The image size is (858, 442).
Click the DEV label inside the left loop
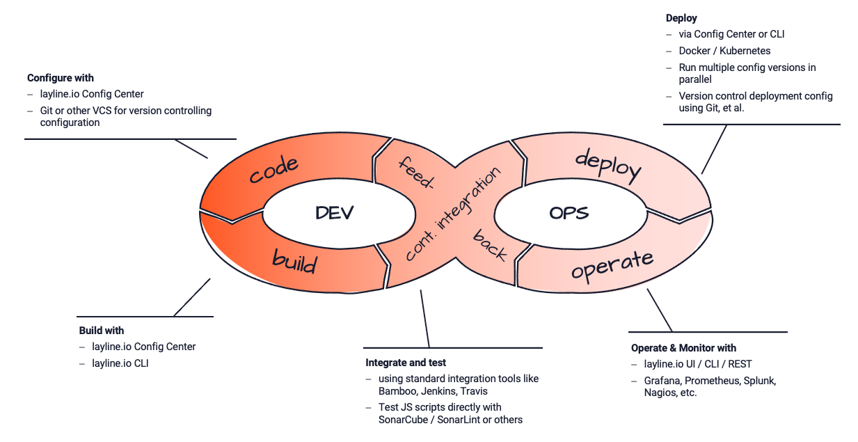pyautogui.click(x=334, y=212)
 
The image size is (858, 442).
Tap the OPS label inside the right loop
pyautogui.click(x=569, y=212)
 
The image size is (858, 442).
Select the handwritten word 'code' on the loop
pyautogui.click(x=274, y=170)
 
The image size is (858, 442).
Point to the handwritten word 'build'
pyautogui.click(x=294, y=262)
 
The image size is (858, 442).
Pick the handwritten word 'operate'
pyautogui.click(x=612, y=264)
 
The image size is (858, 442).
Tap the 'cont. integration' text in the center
pyautogui.click(x=453, y=214)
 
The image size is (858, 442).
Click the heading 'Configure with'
pyautogui.click(x=61, y=78)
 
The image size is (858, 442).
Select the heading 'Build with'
pyautogui.click(x=102, y=330)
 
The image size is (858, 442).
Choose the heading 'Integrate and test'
pyautogui.click(x=406, y=363)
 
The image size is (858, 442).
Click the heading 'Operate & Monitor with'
pyautogui.click(x=683, y=347)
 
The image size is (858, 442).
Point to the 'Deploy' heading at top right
pyautogui.click(x=681, y=18)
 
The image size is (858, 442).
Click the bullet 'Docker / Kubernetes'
pyautogui.click(x=724, y=51)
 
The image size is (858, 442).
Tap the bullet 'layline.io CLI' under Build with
pyautogui.click(x=120, y=363)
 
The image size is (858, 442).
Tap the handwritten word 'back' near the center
pyautogui.click(x=490, y=245)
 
